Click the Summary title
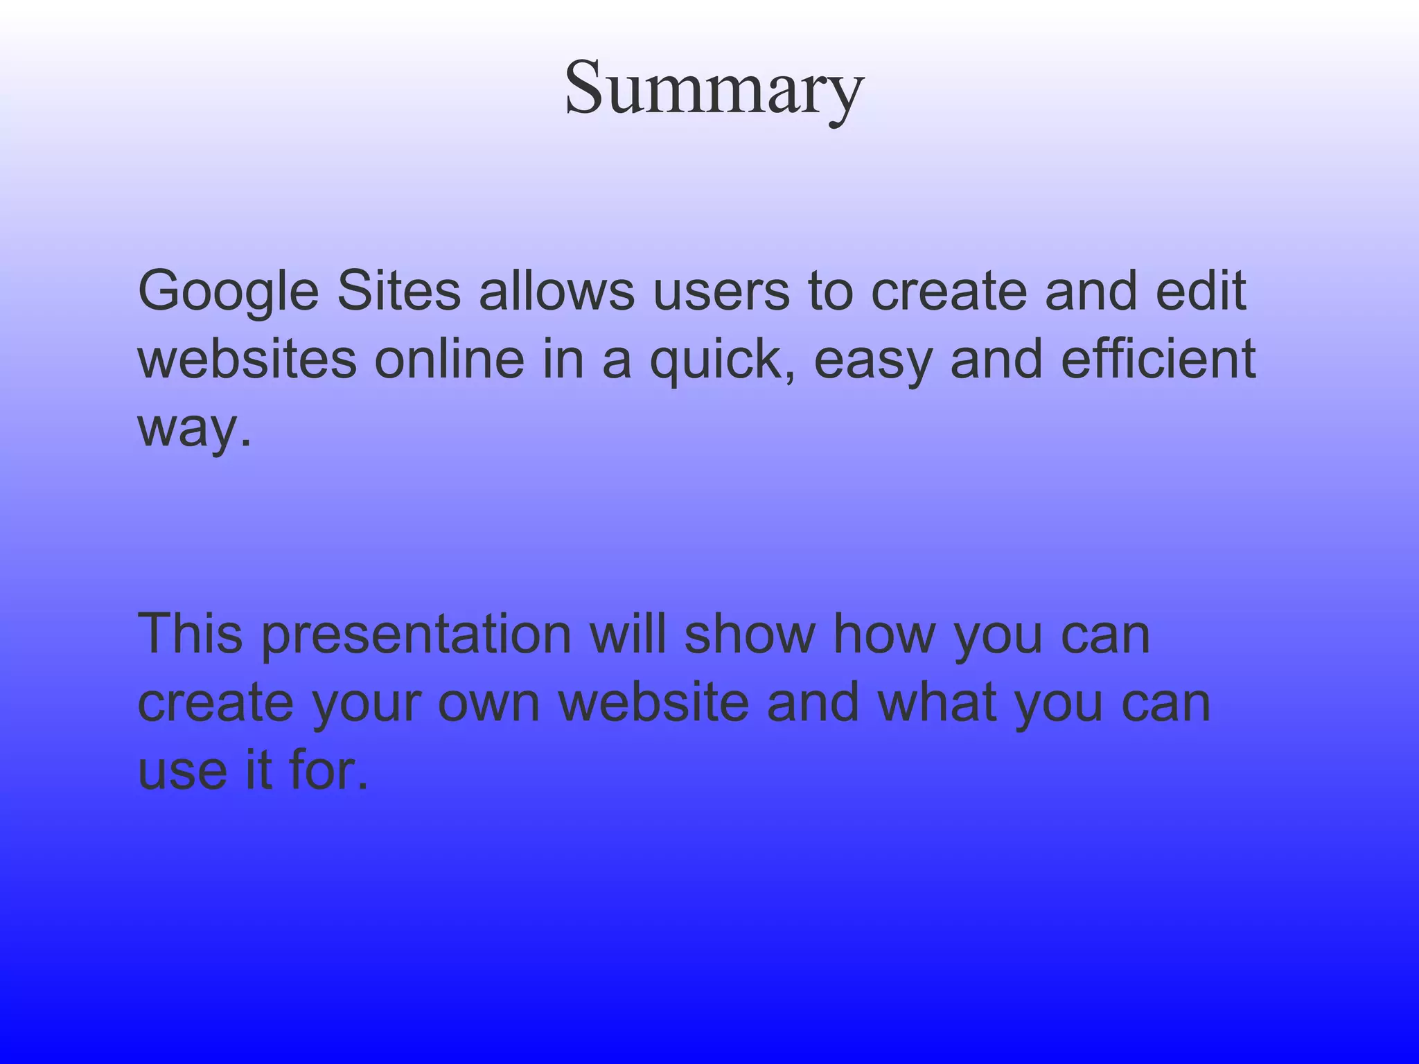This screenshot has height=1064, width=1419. click(714, 89)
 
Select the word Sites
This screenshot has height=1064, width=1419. click(399, 291)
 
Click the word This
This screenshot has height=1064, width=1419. click(191, 633)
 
